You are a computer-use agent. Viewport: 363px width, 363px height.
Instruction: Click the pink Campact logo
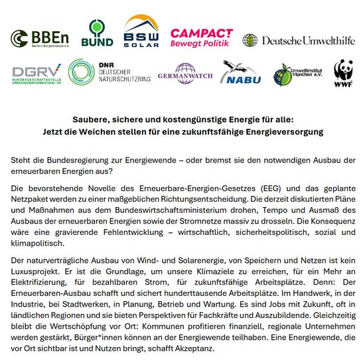[x=202, y=37]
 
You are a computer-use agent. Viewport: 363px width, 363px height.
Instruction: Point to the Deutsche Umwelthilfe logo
[x=297, y=40]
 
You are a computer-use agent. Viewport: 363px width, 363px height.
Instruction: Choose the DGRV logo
[x=36, y=73]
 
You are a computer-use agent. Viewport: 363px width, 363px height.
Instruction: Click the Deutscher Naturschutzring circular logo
[x=81, y=72]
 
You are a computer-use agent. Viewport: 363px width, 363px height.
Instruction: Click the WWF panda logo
[x=343, y=74]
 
